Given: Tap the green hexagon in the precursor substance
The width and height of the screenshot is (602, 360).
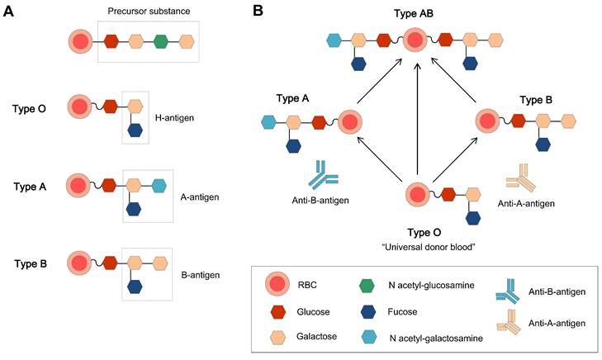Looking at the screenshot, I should (x=162, y=40).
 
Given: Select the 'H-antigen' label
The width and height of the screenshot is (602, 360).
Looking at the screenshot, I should (x=175, y=117).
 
